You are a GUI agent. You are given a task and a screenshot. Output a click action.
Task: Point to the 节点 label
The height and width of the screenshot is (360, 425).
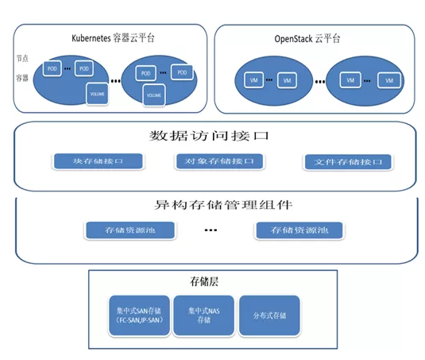click(x=21, y=59)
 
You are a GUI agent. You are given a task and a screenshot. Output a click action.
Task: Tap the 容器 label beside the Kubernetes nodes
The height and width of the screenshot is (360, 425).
click(x=21, y=77)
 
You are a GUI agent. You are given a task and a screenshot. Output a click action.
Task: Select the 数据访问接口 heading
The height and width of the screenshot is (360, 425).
click(x=215, y=136)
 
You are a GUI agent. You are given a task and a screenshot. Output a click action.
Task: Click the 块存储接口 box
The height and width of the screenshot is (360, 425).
click(x=98, y=161)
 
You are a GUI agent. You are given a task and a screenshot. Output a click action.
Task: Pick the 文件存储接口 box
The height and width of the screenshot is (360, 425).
click(x=347, y=162)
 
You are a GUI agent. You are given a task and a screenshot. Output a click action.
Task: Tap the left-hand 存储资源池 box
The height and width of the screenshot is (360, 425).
click(x=127, y=230)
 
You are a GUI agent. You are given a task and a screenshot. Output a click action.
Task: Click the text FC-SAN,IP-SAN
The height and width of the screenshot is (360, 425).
click(x=134, y=320)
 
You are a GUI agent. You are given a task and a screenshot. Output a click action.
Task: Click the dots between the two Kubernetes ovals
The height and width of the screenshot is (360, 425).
click(x=116, y=81)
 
